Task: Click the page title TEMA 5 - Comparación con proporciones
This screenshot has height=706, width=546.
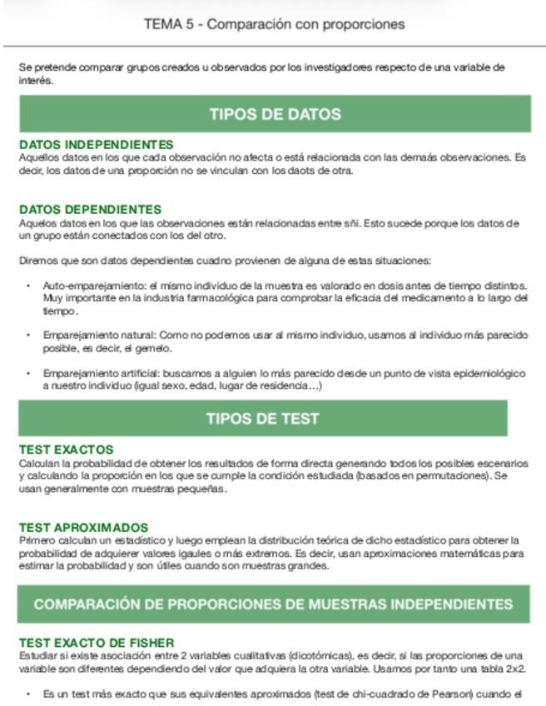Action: [x=274, y=24]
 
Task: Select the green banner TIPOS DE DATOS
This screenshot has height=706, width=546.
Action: [x=275, y=114]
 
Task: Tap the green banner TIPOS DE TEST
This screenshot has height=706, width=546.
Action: [x=262, y=418]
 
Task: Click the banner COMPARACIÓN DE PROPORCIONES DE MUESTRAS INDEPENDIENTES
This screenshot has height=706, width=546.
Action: [x=273, y=604]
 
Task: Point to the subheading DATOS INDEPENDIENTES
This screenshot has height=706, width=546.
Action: [x=97, y=145]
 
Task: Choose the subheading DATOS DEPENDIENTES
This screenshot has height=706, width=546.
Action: [x=90, y=210]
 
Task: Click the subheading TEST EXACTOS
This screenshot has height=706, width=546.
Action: [x=66, y=450]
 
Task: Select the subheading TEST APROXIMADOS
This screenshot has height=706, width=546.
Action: [x=83, y=528]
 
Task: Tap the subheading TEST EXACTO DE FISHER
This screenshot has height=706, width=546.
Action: [x=97, y=643]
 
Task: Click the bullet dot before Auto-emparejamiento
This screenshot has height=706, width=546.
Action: [x=29, y=286]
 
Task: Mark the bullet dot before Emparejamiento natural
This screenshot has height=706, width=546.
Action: [x=29, y=336]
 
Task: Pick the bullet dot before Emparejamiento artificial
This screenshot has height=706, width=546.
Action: [x=29, y=374]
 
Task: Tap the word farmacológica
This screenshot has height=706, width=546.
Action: [x=197, y=297]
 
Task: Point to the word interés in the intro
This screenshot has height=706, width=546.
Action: [x=36, y=81]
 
